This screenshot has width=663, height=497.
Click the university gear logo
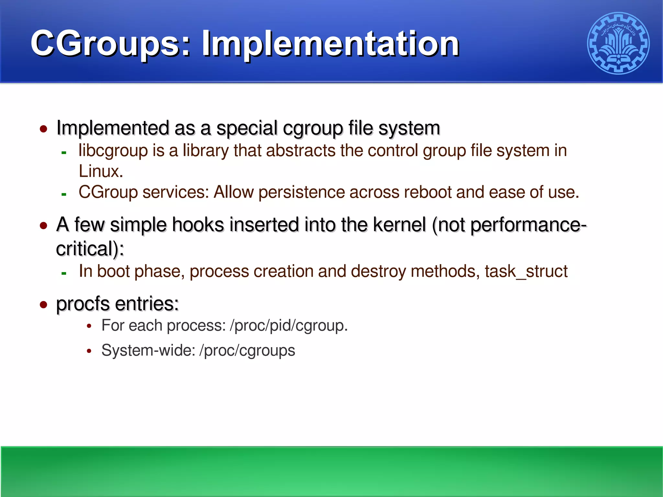pyautogui.click(x=618, y=43)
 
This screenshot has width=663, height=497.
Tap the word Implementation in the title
pyautogui.click(x=330, y=44)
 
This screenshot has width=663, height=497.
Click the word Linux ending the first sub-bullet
pyautogui.click(x=100, y=172)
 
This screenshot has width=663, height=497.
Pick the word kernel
pyautogui.click(x=399, y=225)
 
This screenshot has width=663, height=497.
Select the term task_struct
pyautogui.click(x=526, y=271)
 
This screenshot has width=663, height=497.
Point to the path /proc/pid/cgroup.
pyautogui.click(x=288, y=326)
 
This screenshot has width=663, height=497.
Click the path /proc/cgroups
pyautogui.click(x=247, y=351)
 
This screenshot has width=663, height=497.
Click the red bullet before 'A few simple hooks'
pyautogui.click(x=43, y=226)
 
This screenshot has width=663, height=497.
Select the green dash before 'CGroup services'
pyautogui.click(x=64, y=195)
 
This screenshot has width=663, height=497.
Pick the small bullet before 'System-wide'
pyautogui.click(x=89, y=351)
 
